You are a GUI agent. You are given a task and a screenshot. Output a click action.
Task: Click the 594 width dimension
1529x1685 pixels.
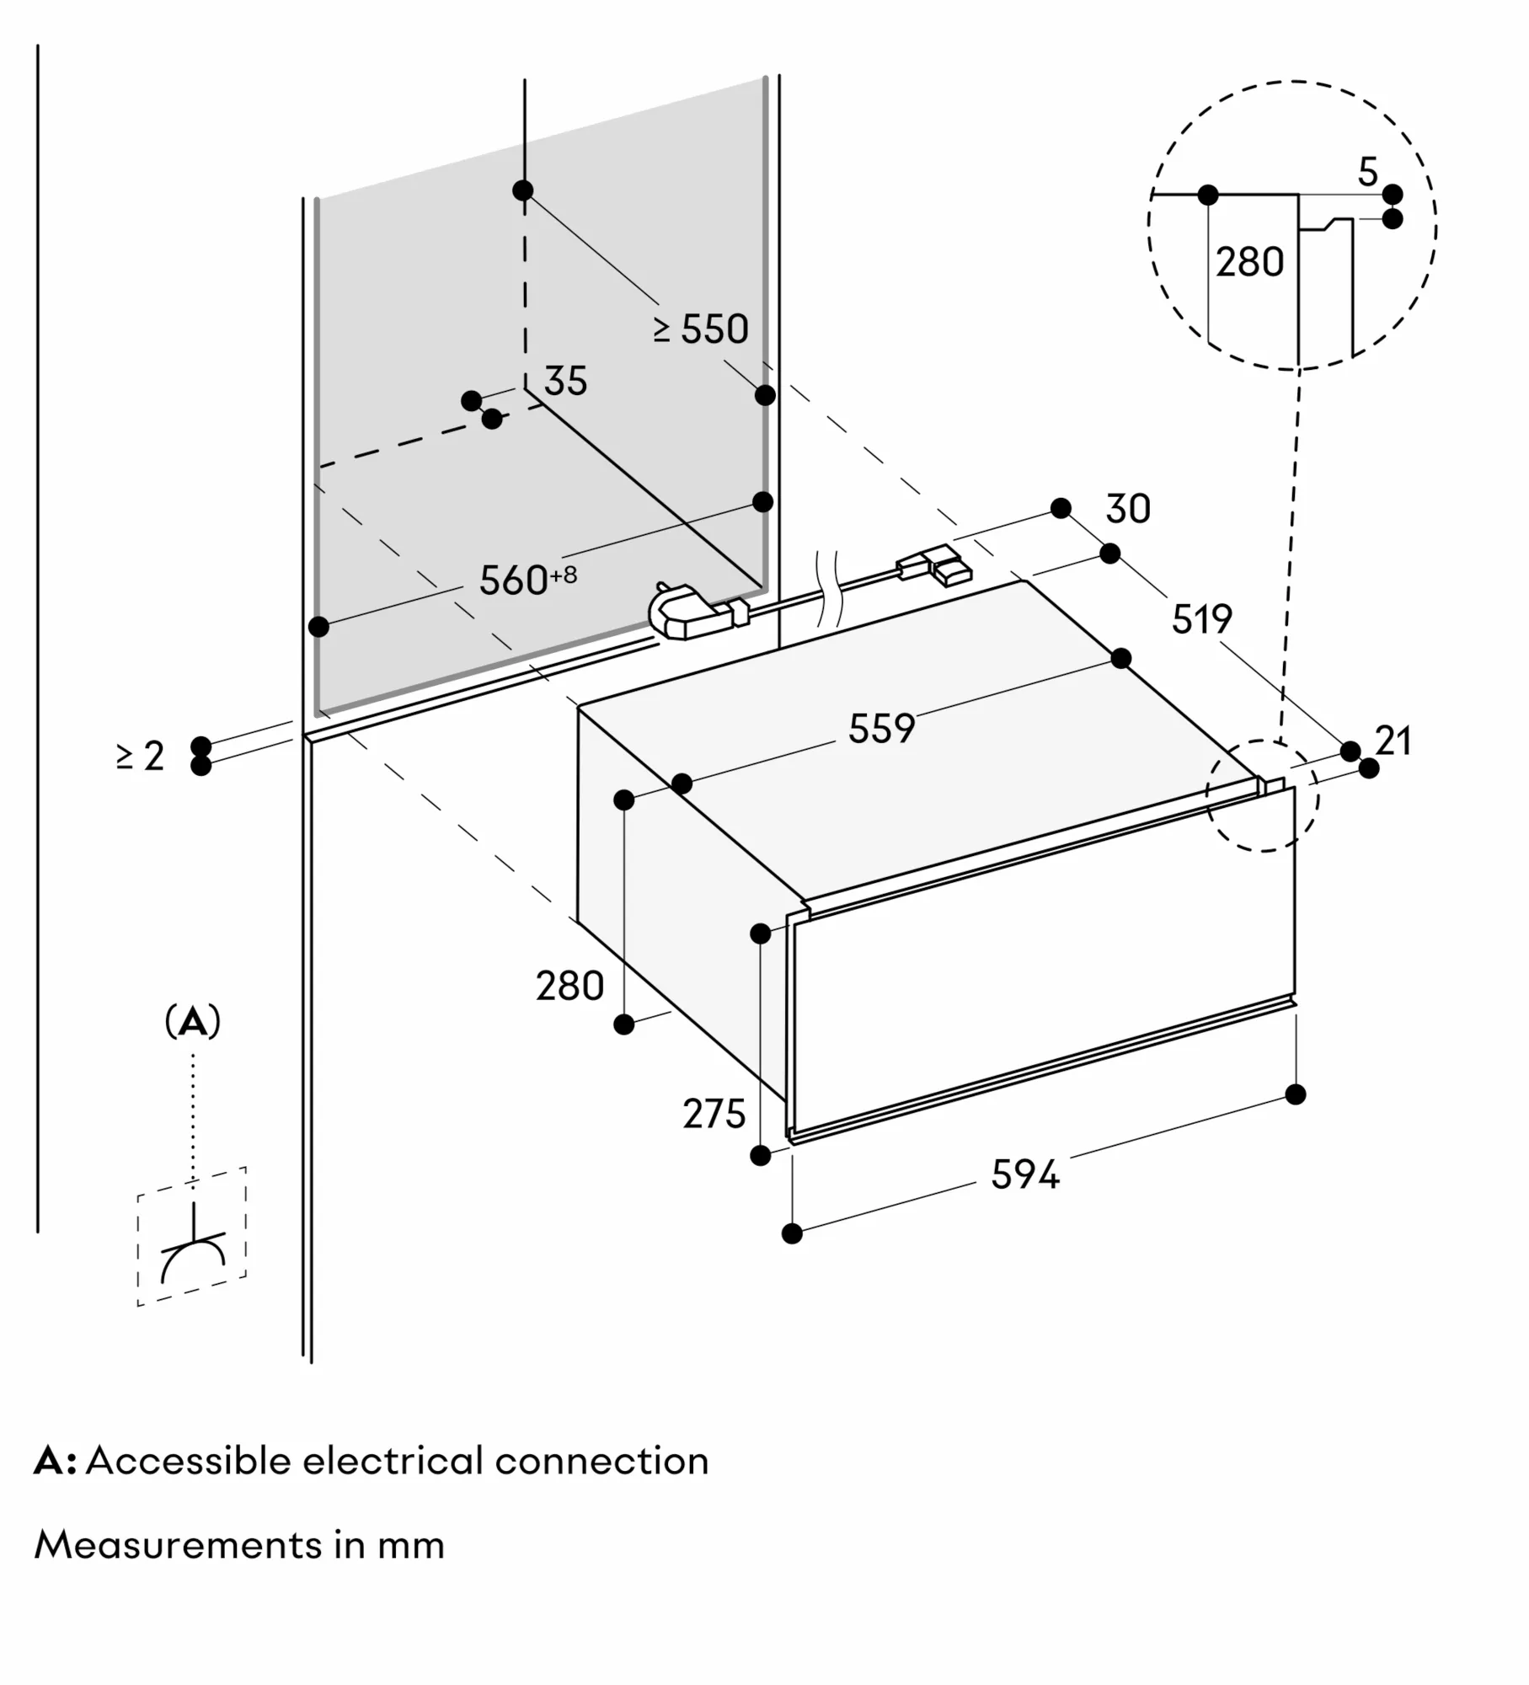tap(1024, 1174)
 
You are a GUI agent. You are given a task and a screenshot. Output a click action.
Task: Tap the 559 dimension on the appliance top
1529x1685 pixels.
tap(881, 728)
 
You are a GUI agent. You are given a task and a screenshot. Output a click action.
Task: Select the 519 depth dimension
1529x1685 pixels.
tap(1202, 619)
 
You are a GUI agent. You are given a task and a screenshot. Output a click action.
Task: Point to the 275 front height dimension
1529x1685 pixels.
tap(714, 1114)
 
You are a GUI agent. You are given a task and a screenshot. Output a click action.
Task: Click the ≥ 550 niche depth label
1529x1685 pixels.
tap(701, 329)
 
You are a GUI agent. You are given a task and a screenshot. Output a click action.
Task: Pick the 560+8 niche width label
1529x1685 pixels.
tap(527, 580)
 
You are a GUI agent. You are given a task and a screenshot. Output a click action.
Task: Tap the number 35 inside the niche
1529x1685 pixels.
tap(565, 381)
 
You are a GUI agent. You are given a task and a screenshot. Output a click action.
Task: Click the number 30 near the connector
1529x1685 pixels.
tap(1128, 509)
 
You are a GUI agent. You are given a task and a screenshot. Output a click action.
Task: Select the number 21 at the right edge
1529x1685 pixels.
tap(1393, 741)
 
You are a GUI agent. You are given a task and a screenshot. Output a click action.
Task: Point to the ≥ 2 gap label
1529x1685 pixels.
tap(140, 756)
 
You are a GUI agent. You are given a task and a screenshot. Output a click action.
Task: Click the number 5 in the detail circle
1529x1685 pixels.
tap(1368, 173)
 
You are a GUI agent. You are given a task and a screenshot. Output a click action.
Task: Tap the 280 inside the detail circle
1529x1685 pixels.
tap(1249, 262)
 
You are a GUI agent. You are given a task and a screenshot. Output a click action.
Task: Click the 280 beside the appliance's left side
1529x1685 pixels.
tap(570, 986)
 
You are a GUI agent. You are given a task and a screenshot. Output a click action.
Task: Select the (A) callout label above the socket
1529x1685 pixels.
tap(193, 1021)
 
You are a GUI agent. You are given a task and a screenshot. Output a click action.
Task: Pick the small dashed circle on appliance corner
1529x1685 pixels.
tap(1262, 795)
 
